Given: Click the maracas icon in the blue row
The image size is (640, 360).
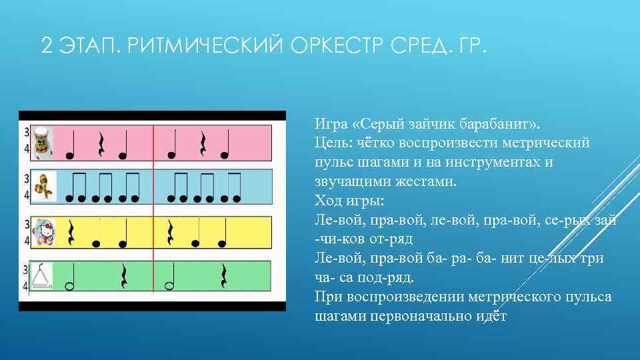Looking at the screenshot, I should click(44, 187).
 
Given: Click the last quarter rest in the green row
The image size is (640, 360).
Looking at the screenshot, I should click(223, 276).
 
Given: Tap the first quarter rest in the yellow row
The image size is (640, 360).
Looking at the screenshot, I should click(71, 232).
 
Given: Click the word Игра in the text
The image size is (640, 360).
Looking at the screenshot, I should click(331, 125).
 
